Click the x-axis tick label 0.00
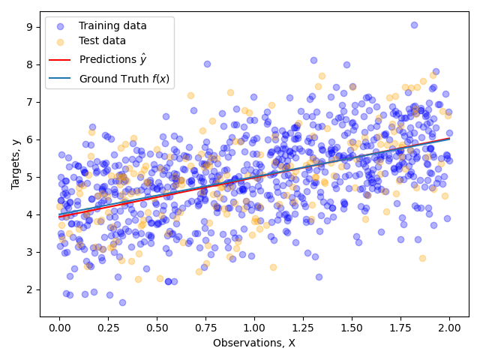59,328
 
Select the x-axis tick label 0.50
157,328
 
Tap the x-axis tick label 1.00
254,328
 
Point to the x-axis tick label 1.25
303,328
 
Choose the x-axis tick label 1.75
400,328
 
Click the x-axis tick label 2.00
449,328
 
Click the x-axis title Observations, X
254,343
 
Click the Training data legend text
112,25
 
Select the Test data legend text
103,41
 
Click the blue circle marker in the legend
61,25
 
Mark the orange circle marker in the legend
61,41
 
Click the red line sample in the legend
61,58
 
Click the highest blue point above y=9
414,25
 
